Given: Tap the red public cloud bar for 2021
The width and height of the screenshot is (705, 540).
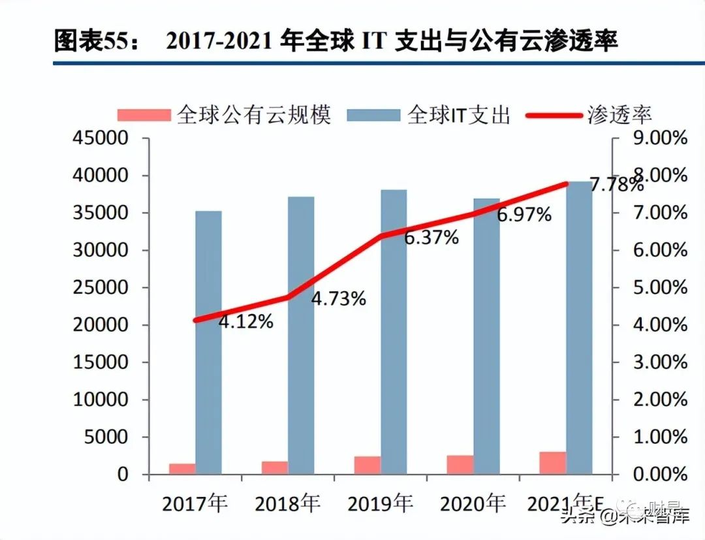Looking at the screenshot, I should click(x=553, y=462).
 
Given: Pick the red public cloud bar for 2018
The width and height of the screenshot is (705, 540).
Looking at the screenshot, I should click(x=275, y=467).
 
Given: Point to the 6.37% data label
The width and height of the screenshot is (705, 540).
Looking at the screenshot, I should click(x=431, y=238).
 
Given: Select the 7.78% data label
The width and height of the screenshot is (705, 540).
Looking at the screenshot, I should click(x=616, y=185).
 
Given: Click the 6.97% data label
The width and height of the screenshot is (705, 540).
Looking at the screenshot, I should click(x=524, y=214).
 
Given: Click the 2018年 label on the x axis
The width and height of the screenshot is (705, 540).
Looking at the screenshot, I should click(x=288, y=504).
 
